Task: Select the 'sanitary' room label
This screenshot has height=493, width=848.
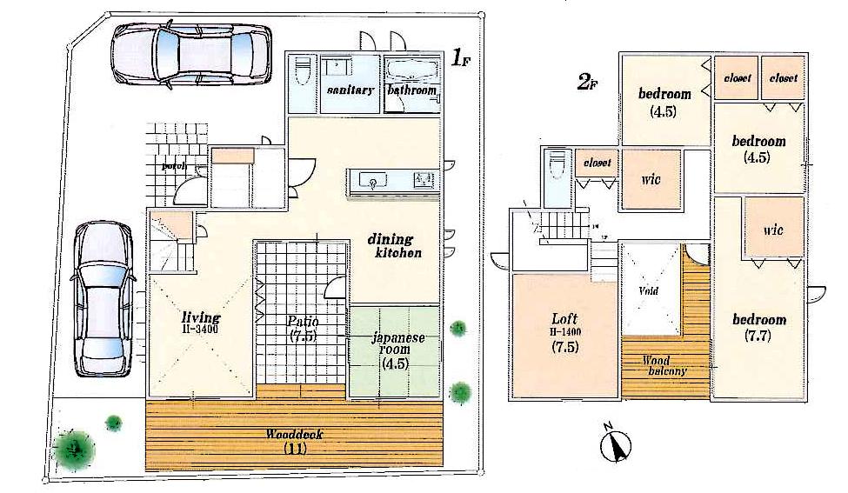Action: pos(351,90)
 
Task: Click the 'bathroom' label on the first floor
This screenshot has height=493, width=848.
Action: pos(411,90)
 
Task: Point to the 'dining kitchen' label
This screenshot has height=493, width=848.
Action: pos(397,246)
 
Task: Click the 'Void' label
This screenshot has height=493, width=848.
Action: pos(649,290)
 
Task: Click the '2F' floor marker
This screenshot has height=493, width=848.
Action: pos(588,83)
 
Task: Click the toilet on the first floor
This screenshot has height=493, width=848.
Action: pos(302,74)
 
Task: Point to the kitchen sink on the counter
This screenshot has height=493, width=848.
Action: pos(374,182)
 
